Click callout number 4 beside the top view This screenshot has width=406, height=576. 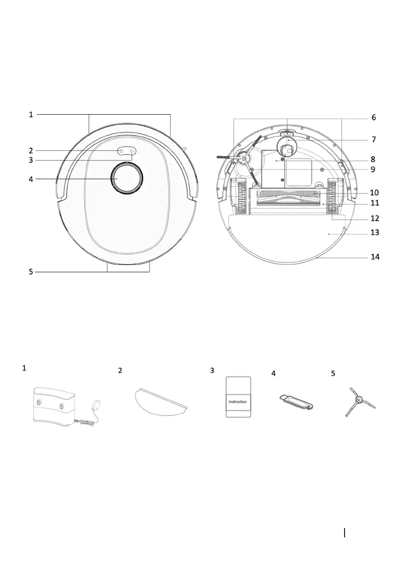(x=30, y=179)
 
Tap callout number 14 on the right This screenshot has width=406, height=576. (x=375, y=257)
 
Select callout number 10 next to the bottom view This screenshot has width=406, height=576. (x=375, y=192)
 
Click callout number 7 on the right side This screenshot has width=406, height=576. (x=374, y=139)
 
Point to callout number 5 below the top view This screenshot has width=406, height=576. (x=30, y=272)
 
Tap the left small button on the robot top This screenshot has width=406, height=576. (x=121, y=151)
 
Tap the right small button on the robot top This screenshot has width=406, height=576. (x=132, y=151)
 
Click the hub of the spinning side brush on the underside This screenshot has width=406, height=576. (x=243, y=158)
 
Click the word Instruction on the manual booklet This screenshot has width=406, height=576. (x=238, y=401)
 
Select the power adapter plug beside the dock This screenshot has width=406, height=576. (x=97, y=404)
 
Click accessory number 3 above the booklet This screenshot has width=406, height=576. (x=212, y=371)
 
